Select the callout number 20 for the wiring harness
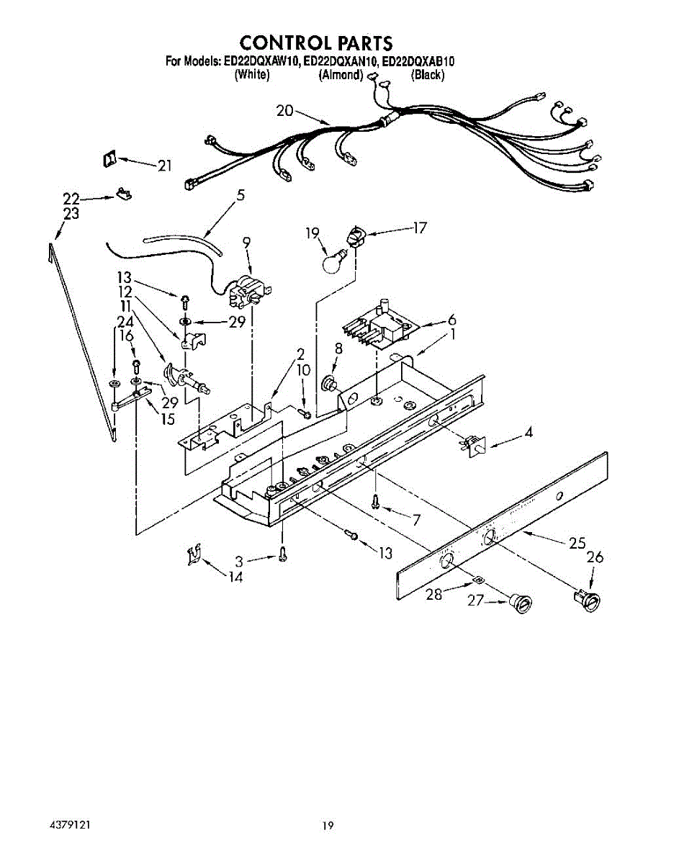[x=286, y=110]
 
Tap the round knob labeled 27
[x=520, y=603]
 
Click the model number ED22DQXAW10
[x=261, y=63]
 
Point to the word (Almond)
[x=341, y=75]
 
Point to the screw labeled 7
[x=376, y=503]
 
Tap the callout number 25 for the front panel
[x=577, y=544]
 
